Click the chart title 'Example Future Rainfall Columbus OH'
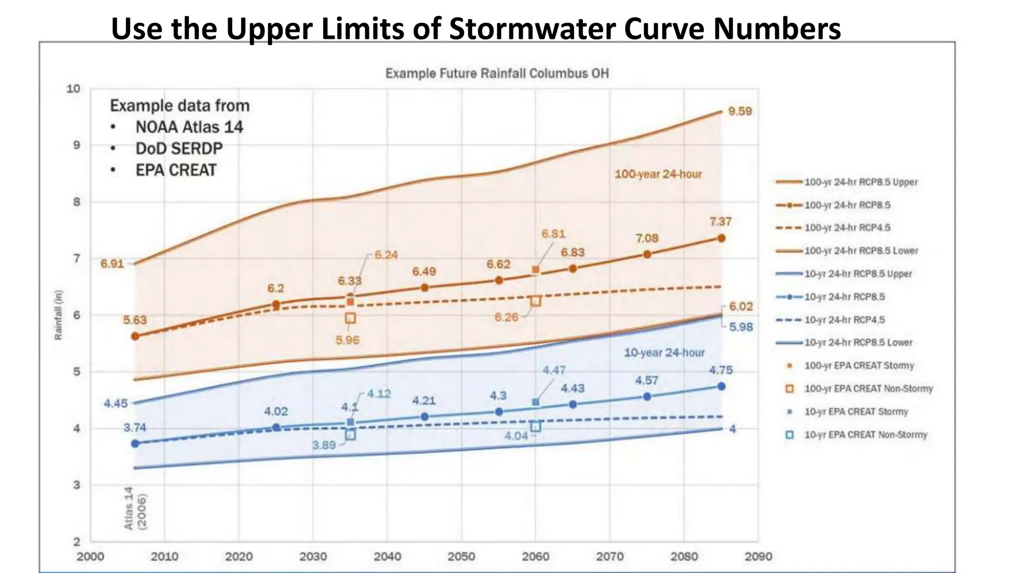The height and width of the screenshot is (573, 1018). point(497,74)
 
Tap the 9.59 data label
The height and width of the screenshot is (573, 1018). point(740,111)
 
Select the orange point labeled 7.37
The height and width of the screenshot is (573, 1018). point(721,238)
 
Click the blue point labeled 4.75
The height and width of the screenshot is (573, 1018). point(721,386)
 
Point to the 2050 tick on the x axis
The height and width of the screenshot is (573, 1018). point(461,557)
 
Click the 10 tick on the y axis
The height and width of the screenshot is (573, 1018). point(74,89)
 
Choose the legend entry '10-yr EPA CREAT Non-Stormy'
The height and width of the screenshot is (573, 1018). point(865,435)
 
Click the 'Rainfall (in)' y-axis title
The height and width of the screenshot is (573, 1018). point(59,315)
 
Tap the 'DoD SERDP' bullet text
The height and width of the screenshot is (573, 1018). point(179,148)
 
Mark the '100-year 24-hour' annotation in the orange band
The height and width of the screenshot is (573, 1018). point(658,174)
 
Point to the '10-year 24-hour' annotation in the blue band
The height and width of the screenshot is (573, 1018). point(664,353)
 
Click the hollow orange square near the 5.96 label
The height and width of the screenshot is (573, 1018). point(350,318)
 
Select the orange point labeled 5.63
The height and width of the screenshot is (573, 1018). point(135,336)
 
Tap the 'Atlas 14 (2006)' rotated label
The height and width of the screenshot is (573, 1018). point(135,508)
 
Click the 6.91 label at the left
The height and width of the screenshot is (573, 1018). point(112,264)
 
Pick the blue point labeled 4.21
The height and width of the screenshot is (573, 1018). point(424,416)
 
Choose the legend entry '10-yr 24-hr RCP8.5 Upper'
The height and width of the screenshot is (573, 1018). point(858,274)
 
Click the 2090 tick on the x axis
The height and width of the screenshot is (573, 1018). point(758,557)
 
